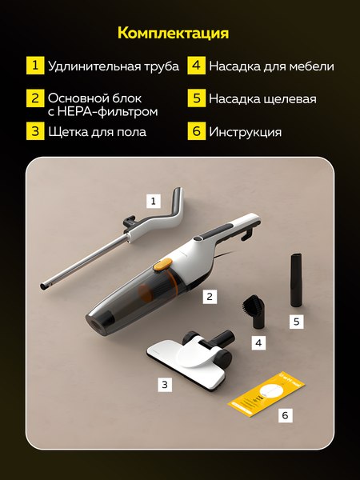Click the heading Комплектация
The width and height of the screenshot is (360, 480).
173,33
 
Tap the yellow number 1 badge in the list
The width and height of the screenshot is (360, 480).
34,66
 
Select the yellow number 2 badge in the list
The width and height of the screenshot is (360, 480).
34,99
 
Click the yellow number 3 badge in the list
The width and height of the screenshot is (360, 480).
34,131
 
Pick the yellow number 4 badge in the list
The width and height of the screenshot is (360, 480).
196,66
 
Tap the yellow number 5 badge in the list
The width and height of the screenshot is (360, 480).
196,99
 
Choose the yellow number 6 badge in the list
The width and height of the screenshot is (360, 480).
196,131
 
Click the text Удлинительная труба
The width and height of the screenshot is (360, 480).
113,66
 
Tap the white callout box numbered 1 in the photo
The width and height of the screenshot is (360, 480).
153,200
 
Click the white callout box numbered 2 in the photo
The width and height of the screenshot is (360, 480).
210,296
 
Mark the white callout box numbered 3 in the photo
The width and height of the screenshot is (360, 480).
165,384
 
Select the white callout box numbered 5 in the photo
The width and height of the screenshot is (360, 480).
296,322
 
